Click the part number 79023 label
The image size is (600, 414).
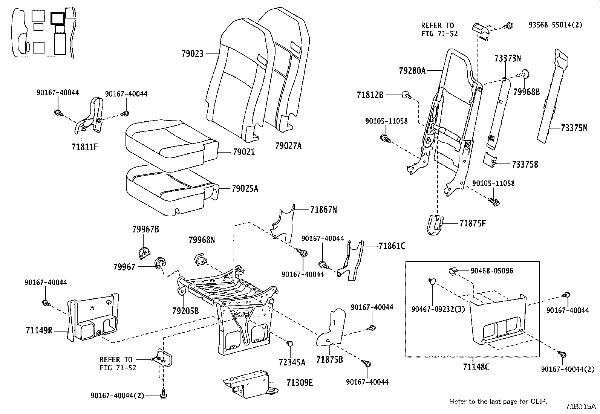(x=192, y=54)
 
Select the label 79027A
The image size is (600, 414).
(x=288, y=146)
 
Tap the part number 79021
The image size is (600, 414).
(x=243, y=152)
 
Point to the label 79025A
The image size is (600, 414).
(x=245, y=188)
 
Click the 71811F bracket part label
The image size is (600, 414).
(x=85, y=147)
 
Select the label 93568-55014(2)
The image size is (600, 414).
(x=555, y=25)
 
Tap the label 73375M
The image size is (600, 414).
(x=574, y=128)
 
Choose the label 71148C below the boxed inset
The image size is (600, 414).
(x=476, y=367)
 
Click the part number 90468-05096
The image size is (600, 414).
(x=491, y=271)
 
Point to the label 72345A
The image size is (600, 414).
(x=292, y=362)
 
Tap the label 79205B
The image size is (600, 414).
(x=185, y=311)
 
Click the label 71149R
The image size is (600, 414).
(x=39, y=330)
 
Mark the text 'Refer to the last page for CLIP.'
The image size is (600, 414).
(x=499, y=402)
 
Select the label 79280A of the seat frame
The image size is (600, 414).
(x=412, y=70)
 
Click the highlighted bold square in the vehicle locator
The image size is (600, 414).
(x=58, y=17)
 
